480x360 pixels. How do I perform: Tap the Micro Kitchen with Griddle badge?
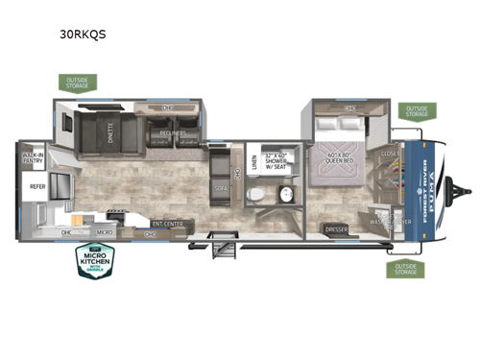coord(96,261)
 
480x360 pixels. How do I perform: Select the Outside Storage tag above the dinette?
coord(76,83)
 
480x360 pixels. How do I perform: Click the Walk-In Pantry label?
coord(33,156)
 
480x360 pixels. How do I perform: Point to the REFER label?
coord(37,187)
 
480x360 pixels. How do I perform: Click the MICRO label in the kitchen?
coord(105,231)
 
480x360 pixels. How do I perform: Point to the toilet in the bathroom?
coord(254,194)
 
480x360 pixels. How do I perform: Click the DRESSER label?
coord(337,228)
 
